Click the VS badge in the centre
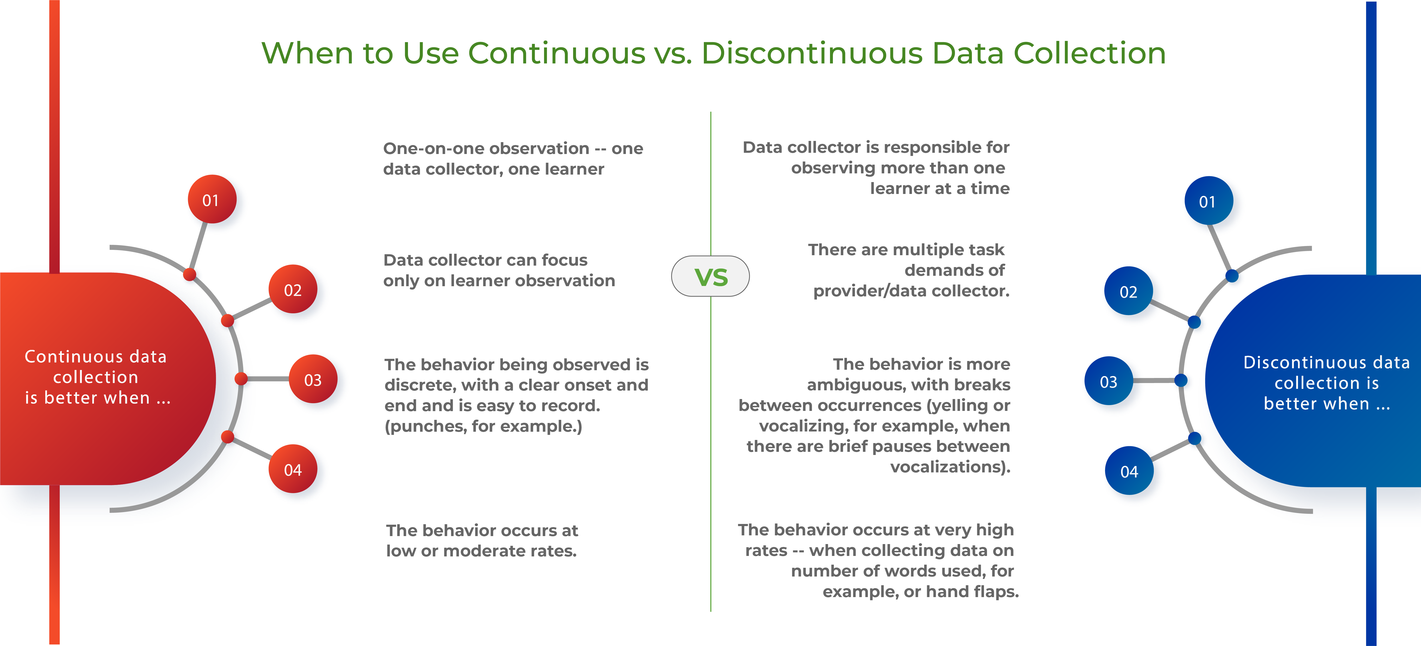(710, 276)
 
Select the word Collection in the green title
(1090, 54)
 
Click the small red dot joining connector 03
(241, 378)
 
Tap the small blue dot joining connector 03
(1181, 380)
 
